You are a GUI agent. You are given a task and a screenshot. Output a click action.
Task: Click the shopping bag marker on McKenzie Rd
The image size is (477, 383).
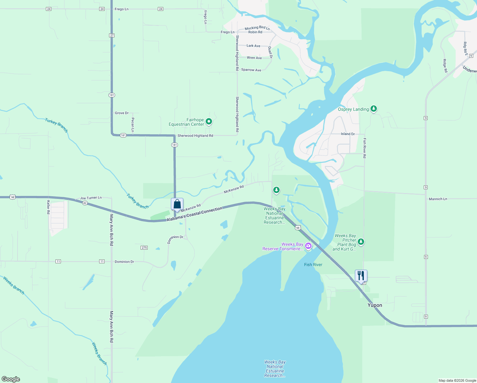coord(177,204)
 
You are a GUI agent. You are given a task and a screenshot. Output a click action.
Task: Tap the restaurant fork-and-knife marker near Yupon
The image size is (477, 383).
coord(361,275)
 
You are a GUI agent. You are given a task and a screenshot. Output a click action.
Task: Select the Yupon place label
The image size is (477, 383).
coord(375,305)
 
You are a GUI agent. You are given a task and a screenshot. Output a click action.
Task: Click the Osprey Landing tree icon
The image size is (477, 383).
coord(374,109)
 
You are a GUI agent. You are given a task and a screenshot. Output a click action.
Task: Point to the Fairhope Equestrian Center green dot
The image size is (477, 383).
coord(209,121)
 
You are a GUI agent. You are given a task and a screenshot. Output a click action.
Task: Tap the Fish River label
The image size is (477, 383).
coord(313,265)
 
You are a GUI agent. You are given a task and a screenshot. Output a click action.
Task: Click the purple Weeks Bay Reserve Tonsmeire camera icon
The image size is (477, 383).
coord(308,246)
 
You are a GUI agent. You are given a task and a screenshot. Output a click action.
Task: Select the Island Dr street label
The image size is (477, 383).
coord(348,134)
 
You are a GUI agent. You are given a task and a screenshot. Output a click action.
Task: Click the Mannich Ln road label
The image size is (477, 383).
coord(438,199)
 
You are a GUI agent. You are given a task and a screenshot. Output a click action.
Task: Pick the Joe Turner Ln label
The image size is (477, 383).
coord(91,198)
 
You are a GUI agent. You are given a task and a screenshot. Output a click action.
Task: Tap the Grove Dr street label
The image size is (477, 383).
coord(121,113)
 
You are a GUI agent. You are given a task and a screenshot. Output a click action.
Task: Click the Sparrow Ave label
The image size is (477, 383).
coord(251,70)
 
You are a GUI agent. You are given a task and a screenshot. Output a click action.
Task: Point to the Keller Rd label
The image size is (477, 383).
coord(48,207)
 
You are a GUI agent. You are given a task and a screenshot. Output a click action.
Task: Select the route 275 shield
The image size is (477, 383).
coord(144,248)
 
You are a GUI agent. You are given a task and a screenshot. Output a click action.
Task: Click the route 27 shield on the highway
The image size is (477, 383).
coord(112,35)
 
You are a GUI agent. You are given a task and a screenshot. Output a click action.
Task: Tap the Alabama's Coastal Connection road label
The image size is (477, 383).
coord(194,214)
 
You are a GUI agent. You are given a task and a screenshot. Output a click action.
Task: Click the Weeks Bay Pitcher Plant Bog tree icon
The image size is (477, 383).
coord(361,242)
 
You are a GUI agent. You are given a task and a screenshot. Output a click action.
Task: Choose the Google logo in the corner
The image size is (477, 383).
coord(11,379)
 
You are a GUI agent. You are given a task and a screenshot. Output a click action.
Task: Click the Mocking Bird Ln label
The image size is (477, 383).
coord(257,28)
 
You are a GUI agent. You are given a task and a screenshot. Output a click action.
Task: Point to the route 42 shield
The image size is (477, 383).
coord(84,203)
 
